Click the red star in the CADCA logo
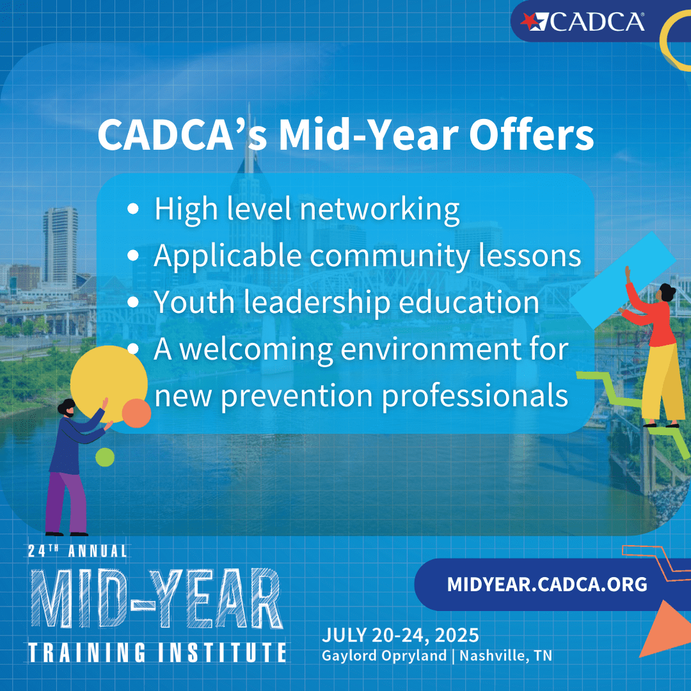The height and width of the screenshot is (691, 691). [528, 20]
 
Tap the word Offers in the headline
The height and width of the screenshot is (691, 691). [532, 135]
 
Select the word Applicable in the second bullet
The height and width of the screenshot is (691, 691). [227, 257]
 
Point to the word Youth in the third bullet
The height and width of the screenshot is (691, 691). [194, 302]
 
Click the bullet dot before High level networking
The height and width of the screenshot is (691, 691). [133, 209]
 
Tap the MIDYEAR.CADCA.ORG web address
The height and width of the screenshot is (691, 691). [547, 584]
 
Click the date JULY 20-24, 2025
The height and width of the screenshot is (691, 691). [400, 635]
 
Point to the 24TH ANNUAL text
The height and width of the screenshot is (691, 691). [77, 550]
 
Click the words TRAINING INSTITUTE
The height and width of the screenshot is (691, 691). [157, 652]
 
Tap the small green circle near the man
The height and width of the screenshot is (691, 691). [105, 457]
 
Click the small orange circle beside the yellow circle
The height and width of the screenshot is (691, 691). [136, 413]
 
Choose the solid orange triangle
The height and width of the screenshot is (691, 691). [665, 631]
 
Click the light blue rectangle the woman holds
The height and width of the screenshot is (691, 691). [623, 280]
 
